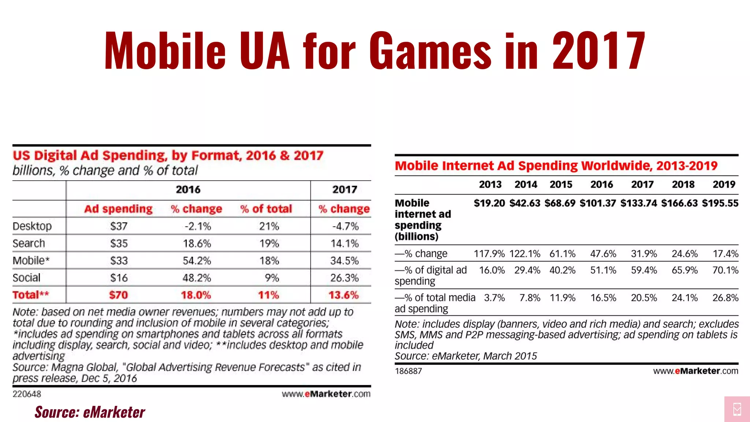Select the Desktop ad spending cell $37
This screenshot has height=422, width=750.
coord(119,226)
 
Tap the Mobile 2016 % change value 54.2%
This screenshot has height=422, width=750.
coord(197,260)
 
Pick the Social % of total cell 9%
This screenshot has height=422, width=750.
coord(272,278)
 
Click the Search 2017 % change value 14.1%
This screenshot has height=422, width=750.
coord(344,243)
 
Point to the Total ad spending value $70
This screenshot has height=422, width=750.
coord(118,295)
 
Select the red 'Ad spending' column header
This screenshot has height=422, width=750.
coord(118,209)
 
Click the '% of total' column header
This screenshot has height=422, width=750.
coord(266,209)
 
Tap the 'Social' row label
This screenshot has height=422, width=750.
coord(26,278)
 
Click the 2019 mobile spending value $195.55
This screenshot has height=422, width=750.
coord(720,203)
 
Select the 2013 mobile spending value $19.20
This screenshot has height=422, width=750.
coord(489,203)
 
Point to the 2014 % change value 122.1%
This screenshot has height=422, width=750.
coord(524,253)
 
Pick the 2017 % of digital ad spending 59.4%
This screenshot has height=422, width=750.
coord(644,270)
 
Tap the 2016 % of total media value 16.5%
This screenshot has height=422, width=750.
coord(603,298)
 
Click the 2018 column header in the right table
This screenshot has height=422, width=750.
coord(683,184)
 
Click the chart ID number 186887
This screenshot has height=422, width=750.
coord(408,371)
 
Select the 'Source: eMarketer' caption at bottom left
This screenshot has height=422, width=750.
coord(90,412)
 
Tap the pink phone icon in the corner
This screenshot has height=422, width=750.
coord(737,409)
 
